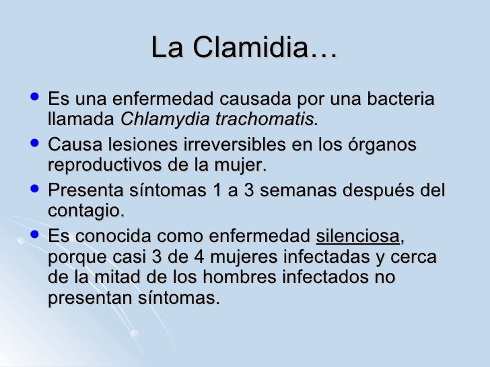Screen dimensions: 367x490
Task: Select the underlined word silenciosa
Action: [357, 236]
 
